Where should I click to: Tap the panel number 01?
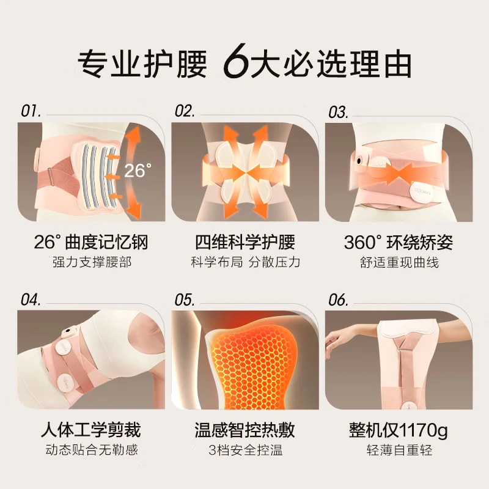click(x=31, y=111)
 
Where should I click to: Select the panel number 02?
click(x=185, y=111)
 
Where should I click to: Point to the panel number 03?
click(x=338, y=112)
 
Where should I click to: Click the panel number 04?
click(x=31, y=300)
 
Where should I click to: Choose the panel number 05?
click(x=185, y=300)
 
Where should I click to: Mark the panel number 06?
click(x=338, y=300)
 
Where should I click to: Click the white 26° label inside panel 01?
click(x=138, y=171)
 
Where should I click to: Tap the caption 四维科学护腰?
click(x=245, y=242)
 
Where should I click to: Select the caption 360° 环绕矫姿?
click(x=399, y=242)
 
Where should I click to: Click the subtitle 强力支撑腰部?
click(x=92, y=262)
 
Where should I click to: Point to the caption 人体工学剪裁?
click(x=90, y=430)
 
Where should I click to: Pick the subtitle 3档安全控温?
click(x=246, y=450)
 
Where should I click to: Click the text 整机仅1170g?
click(x=399, y=430)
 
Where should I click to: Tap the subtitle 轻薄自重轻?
click(x=400, y=450)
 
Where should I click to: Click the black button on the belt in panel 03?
click(x=359, y=161)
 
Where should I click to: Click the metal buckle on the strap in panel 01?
click(x=50, y=174)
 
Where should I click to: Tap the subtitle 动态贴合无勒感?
click(x=92, y=450)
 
